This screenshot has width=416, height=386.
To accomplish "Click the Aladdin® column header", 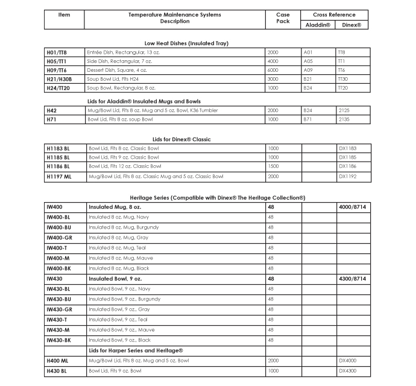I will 318,25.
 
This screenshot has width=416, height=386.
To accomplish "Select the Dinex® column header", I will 351,25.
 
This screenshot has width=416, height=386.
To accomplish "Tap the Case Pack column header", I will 283,18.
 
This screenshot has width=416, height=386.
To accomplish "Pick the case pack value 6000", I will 273,71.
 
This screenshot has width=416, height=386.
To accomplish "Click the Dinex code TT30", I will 343,79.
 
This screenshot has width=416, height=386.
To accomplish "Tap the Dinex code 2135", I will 344,119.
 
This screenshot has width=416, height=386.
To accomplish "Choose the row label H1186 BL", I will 58,166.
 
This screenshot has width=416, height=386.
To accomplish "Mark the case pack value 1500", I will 273,166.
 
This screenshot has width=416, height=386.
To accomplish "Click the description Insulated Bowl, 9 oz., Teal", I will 118,320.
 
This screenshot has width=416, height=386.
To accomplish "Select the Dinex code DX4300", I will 347,370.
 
